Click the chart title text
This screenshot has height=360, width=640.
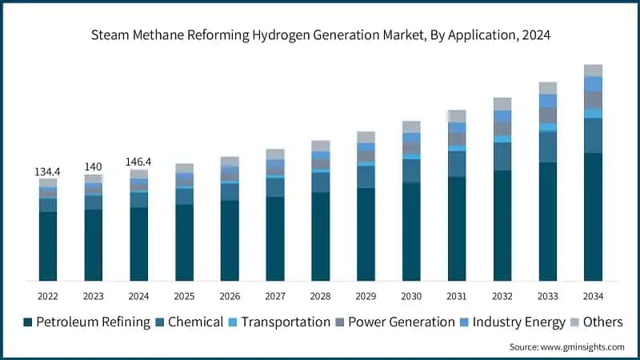[320, 36]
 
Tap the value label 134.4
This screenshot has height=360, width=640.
[48, 172]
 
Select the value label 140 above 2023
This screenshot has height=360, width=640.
[94, 167]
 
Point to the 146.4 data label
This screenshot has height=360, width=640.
[139, 162]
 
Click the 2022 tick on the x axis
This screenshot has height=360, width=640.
[48, 296]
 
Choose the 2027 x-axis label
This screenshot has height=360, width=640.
[275, 296]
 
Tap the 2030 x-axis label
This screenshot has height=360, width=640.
[411, 296]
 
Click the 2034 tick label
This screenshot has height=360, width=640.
[593, 296]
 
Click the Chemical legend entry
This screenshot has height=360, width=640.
[191, 322]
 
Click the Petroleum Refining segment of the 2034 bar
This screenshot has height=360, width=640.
[593, 216]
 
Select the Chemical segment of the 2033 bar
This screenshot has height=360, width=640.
[547, 147]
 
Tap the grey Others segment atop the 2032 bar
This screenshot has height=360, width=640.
[502, 104]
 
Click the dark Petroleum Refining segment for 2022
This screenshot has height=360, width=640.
[48, 246]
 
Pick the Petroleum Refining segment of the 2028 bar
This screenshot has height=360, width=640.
[320, 236]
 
